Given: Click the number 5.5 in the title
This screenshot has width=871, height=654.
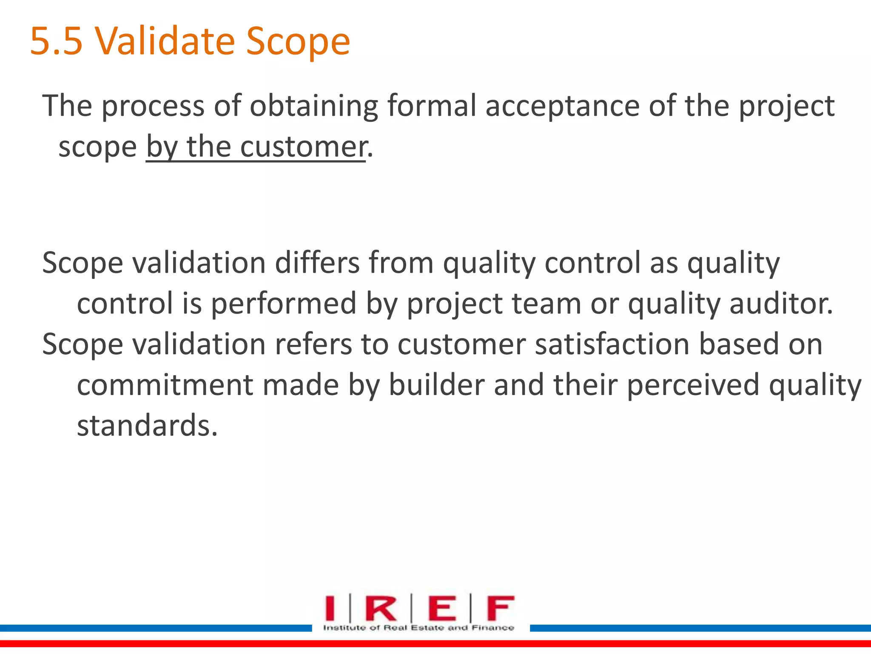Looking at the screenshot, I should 56,41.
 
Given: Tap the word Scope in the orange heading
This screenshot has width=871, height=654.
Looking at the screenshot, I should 298,41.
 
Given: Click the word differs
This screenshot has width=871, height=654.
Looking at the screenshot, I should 317,263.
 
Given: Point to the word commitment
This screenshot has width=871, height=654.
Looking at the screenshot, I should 165,385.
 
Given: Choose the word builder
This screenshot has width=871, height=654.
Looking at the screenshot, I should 436,385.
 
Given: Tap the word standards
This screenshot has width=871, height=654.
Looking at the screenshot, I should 147,425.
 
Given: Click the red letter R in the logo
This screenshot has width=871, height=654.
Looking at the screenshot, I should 380,609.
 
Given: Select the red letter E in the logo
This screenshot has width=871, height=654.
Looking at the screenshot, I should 442,609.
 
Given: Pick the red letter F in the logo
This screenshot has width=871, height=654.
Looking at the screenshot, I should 500,609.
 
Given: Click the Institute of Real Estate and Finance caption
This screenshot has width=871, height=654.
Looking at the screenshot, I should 418,628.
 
